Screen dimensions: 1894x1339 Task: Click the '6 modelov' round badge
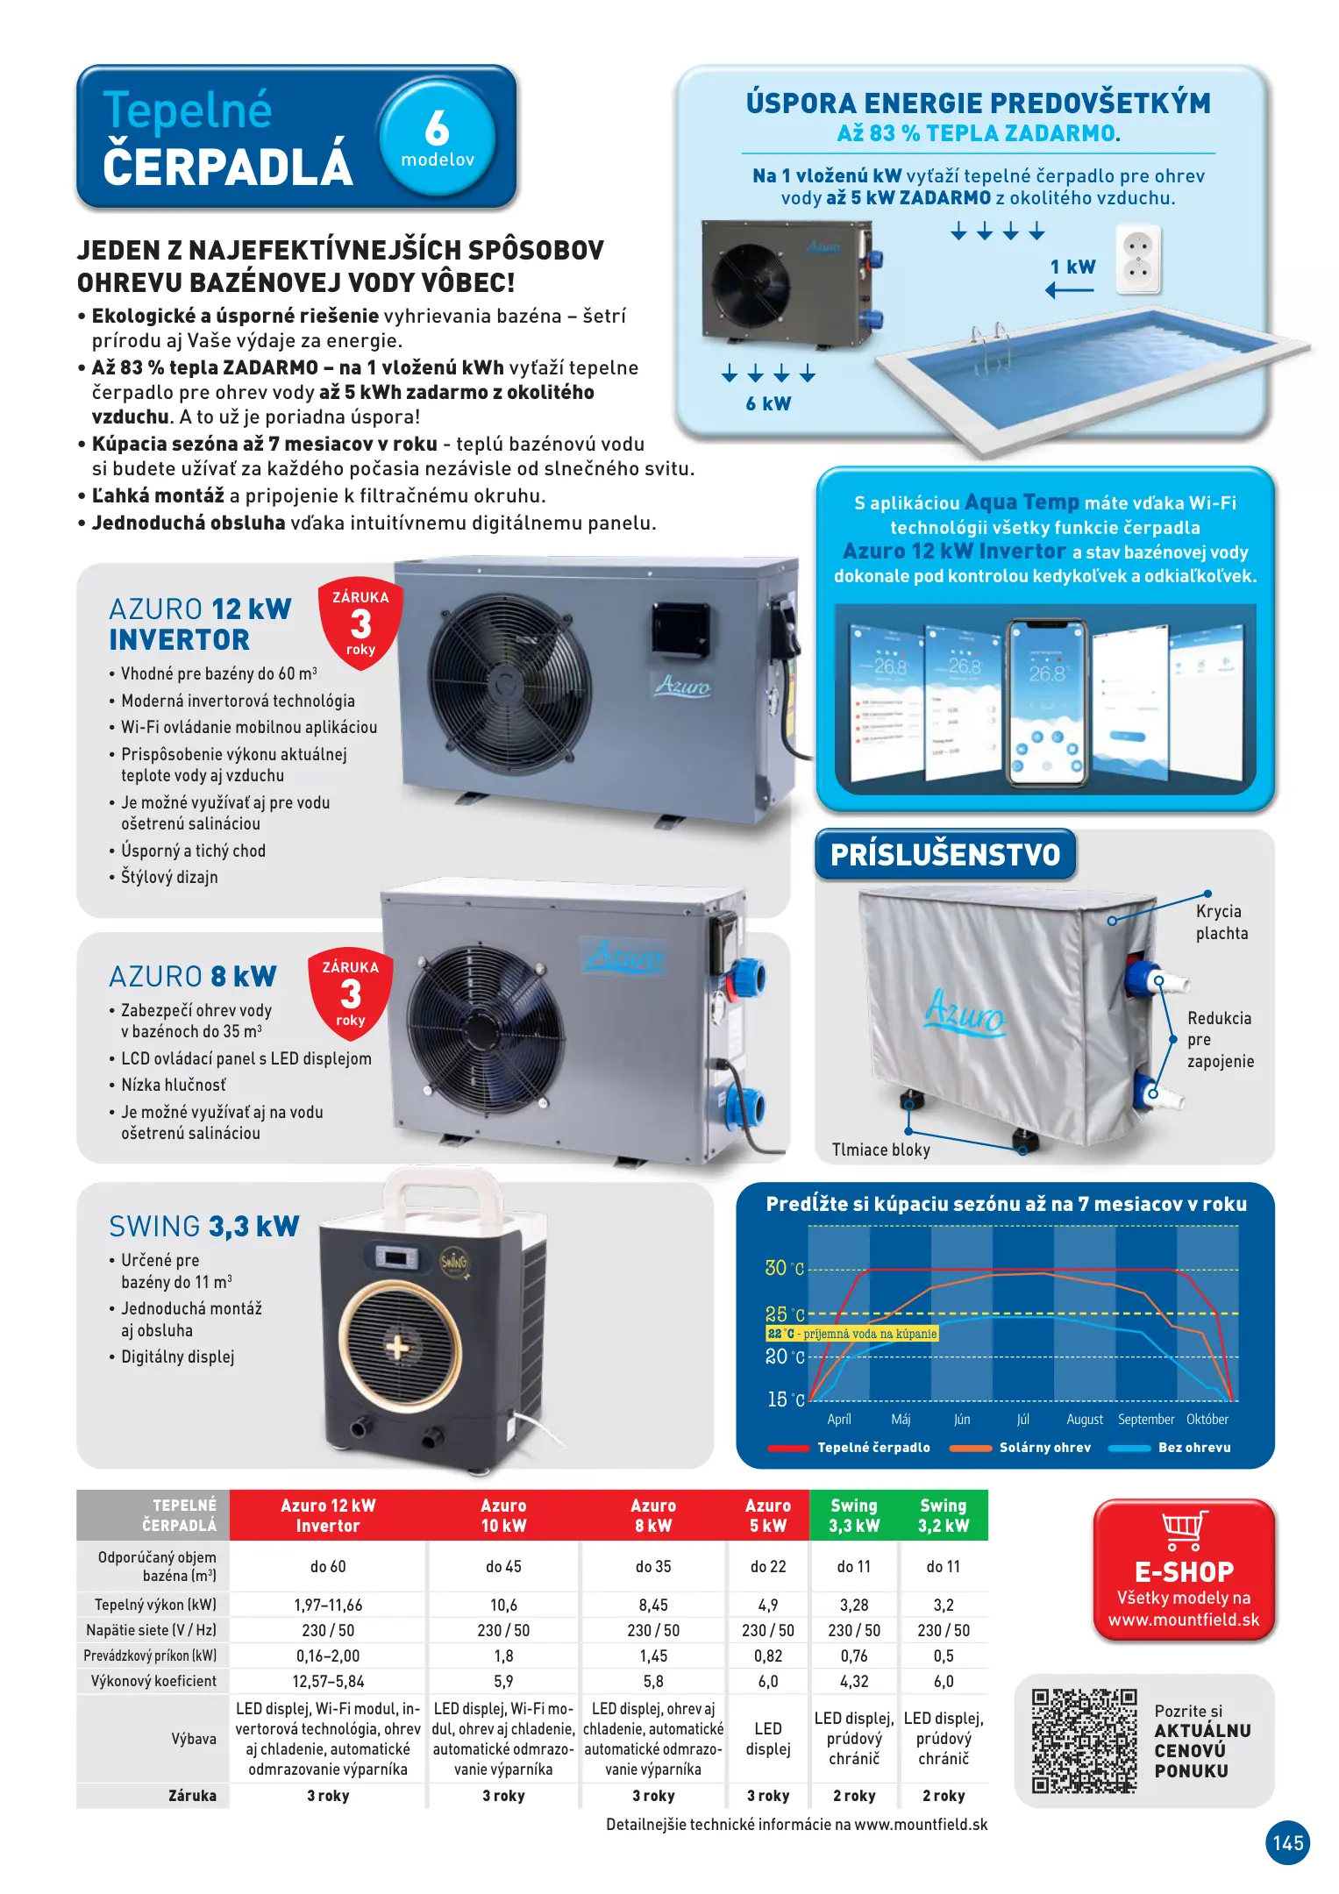pos(438,137)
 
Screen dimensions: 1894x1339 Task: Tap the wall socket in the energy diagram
pos(1138,260)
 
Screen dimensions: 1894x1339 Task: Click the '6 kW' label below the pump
pos(768,403)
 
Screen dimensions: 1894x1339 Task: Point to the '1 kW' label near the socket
pos(1072,267)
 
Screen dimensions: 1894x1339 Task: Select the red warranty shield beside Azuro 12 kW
pos(360,623)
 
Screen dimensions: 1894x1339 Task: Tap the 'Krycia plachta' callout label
pos(1221,922)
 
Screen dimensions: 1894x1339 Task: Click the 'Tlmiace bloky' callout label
pos(880,1150)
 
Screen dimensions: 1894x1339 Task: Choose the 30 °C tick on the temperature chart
pos(784,1268)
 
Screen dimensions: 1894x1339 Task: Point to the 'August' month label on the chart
pos(1084,1420)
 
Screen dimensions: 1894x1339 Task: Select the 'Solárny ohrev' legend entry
pos(1044,1448)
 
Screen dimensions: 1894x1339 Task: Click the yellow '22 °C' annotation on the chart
pos(851,1334)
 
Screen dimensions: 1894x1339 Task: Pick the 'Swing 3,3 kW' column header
pos(853,1515)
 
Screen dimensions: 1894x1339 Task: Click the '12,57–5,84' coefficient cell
pos(327,1681)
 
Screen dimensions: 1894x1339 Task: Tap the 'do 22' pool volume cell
pos(767,1566)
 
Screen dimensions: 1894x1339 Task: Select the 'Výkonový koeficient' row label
pos(153,1681)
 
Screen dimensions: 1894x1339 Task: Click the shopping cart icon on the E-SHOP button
pos(1184,1530)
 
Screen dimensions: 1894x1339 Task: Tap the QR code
pos(1084,1741)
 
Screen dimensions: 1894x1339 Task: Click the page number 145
pos(1287,1842)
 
